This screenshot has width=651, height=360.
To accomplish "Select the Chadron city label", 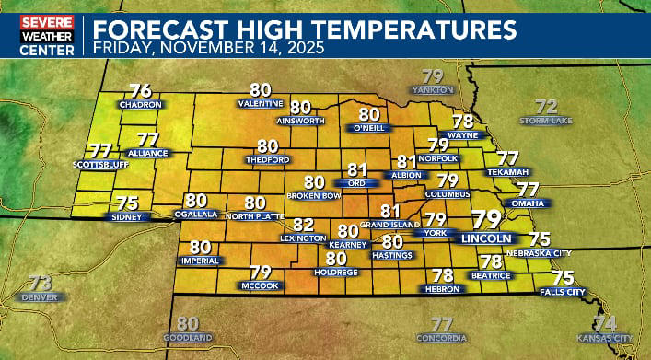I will pos(141,105).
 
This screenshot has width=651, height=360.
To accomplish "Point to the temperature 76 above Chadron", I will pos(141,91).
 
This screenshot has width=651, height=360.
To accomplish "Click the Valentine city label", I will pos(261,104).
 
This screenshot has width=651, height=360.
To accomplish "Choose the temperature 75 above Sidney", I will pos(126,203).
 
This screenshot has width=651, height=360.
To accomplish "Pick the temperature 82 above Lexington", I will pos(304,224).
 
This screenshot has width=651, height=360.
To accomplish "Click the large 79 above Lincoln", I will pos(486,219).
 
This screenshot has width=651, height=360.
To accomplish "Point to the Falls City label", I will pos(563,292).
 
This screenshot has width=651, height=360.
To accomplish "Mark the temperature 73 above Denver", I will pos(40,283).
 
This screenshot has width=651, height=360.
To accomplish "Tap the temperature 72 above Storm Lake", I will pos(547,105).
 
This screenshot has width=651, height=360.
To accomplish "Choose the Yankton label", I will pos(432,90).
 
